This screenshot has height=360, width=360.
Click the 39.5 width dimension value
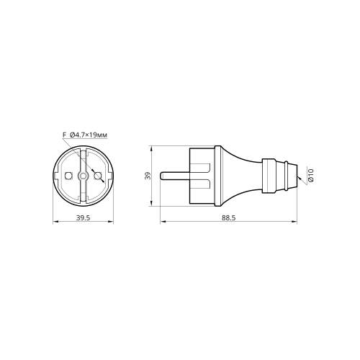tap(83, 218)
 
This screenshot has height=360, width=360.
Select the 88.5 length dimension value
tap(229, 218)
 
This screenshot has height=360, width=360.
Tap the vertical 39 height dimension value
tap(148, 176)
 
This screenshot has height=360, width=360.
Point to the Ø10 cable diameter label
tap(311, 175)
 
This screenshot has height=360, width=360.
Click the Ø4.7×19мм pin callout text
tap(89, 135)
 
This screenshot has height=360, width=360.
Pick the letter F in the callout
tap(64, 135)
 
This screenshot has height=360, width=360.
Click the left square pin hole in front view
tap(68, 176)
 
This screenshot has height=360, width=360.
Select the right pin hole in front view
tap(97, 176)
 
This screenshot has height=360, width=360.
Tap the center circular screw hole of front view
tap(83, 176)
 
